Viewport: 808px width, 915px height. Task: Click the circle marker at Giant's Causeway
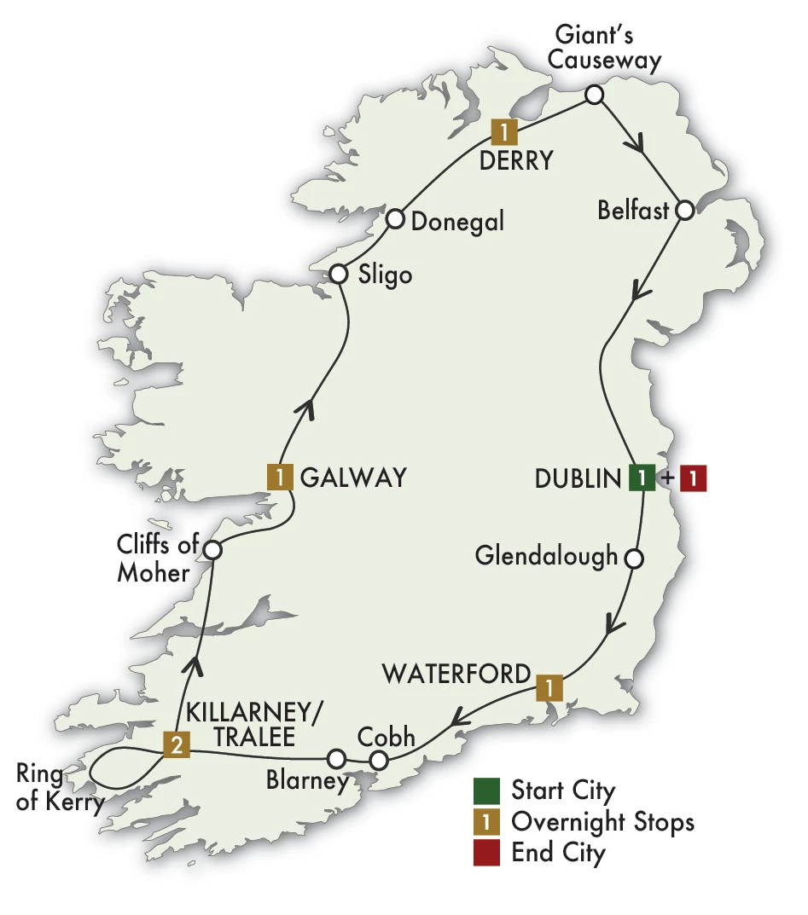point(594,95)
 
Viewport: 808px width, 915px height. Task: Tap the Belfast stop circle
point(684,211)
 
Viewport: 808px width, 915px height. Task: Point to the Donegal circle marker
point(395,220)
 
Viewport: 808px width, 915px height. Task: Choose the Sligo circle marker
point(338,274)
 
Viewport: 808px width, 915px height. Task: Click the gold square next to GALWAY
point(280,477)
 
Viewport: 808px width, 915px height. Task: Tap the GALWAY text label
point(353,478)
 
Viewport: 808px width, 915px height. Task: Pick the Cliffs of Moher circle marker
point(211,550)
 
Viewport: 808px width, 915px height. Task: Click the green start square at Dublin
point(642,478)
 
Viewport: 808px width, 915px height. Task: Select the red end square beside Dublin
point(694,478)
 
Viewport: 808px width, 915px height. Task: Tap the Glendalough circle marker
point(633,559)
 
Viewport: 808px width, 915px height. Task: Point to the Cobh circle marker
point(380,759)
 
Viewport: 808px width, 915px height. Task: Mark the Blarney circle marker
point(337,757)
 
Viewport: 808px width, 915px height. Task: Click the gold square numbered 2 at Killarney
point(175,745)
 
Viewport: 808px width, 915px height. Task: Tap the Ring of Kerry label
point(51,788)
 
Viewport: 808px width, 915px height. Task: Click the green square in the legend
point(486,790)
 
